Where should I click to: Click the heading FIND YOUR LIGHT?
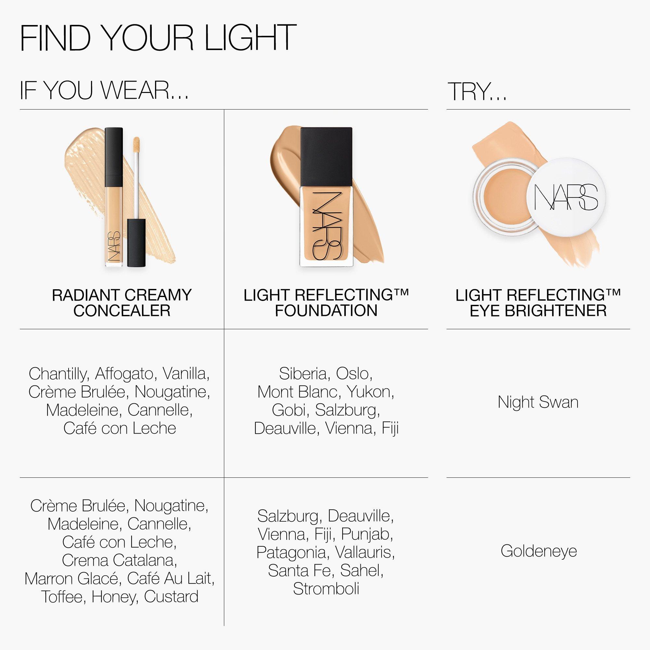pyautogui.click(x=158, y=38)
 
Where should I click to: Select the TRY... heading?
pyautogui.click(x=477, y=92)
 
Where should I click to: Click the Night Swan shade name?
pyautogui.click(x=538, y=402)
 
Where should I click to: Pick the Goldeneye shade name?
pyautogui.click(x=539, y=551)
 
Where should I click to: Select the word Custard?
pyautogui.click(x=171, y=597)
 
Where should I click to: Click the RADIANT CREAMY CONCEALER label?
pyautogui.click(x=122, y=303)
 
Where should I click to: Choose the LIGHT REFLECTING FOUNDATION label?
pyautogui.click(x=326, y=303)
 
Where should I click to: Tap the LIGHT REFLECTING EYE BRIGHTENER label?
pyautogui.click(x=538, y=303)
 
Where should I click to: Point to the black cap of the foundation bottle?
pyautogui.click(x=326, y=156)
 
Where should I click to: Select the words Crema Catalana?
pyautogui.click(x=119, y=560)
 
